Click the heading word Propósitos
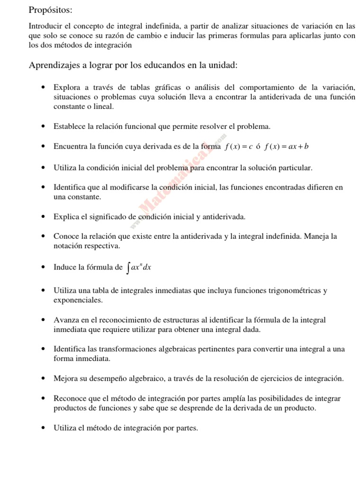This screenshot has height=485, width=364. click(x=51, y=9)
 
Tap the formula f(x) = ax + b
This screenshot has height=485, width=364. click(x=287, y=147)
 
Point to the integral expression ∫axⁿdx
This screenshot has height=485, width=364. click(x=139, y=268)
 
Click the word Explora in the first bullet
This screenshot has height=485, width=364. click(x=67, y=88)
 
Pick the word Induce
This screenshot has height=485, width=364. click(x=65, y=268)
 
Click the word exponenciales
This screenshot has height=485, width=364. click(x=78, y=300)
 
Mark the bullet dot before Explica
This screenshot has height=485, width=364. click(x=43, y=217)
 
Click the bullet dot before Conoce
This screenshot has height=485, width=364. click(x=43, y=236)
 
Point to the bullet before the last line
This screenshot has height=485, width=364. click(x=43, y=428)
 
